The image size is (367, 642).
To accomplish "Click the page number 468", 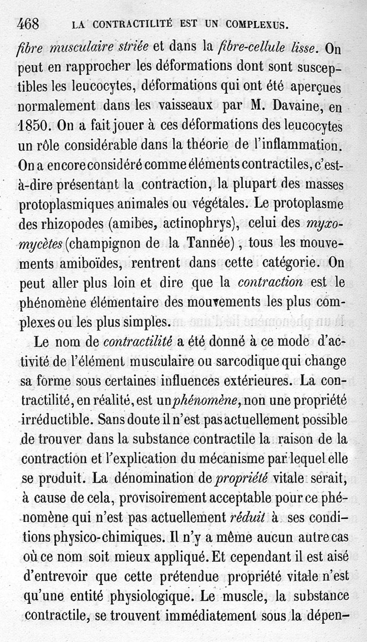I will pos(28,24).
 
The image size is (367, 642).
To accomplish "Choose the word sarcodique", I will pos(249,361).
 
